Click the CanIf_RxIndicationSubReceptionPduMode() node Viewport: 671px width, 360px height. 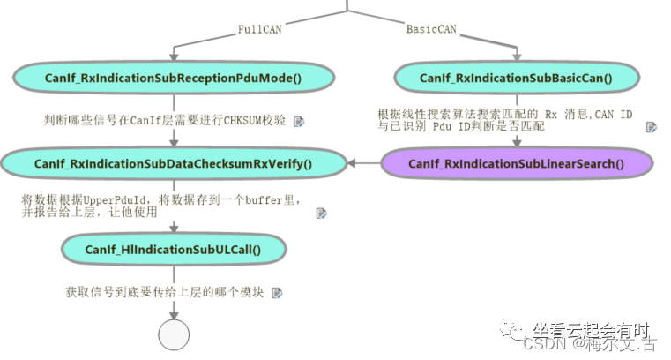pos(173,78)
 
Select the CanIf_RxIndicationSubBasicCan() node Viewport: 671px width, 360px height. pos(517,78)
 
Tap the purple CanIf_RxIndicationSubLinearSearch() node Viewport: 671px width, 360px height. pos(517,163)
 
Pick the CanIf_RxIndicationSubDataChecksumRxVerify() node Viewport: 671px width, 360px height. pos(173,163)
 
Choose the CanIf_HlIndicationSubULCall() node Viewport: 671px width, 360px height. pos(173,249)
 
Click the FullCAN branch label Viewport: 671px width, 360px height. pos(259,29)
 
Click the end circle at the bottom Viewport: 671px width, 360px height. pos(174,335)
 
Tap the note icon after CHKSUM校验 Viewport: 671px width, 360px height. pos(299,121)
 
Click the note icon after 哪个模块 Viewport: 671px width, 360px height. pos(278,292)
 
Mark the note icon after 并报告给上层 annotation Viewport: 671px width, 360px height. pos(322,213)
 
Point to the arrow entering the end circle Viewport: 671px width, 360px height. pos(174,310)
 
